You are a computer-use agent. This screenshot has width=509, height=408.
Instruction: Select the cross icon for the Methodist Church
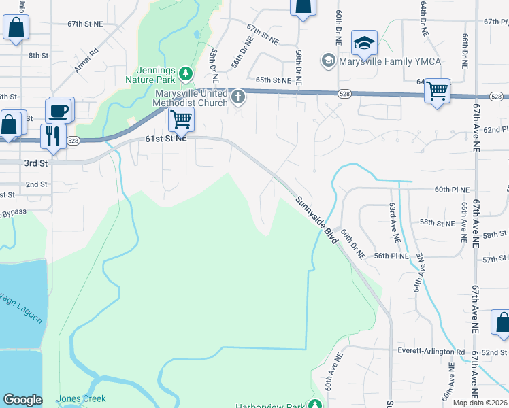click(x=238, y=98)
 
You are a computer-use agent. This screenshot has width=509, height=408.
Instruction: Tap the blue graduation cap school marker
click(x=364, y=43)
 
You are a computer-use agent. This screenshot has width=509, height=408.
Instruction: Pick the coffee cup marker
click(x=58, y=110)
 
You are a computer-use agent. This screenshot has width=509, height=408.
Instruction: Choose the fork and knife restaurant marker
click(x=52, y=135)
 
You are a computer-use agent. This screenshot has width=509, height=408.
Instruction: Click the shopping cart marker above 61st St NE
click(x=180, y=120)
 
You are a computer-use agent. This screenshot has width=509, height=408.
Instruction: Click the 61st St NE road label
click(x=165, y=139)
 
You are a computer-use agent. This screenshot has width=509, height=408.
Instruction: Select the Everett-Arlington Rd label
click(x=431, y=352)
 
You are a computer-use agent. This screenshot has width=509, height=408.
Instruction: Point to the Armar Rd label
click(x=86, y=60)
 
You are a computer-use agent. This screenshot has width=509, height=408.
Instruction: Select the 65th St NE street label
click(x=272, y=80)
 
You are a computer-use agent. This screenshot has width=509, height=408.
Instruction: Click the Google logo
click(x=22, y=400)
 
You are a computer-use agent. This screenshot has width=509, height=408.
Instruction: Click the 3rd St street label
click(x=35, y=164)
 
